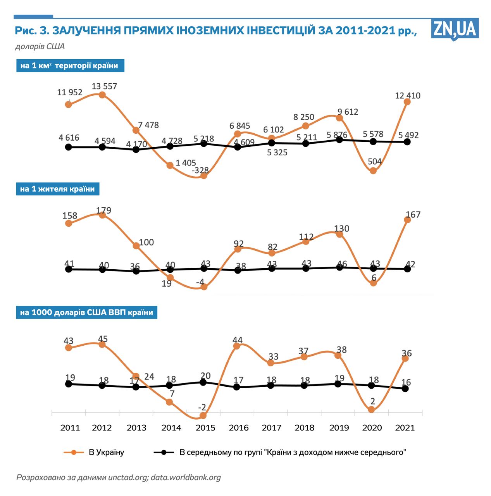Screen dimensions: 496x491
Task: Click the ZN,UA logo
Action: (455, 29)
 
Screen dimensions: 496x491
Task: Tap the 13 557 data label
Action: (104, 86)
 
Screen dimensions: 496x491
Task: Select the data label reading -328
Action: (200, 170)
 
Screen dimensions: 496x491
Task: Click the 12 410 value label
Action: (408, 95)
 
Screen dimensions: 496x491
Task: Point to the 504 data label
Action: (375, 162)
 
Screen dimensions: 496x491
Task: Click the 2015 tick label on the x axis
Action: (205, 428)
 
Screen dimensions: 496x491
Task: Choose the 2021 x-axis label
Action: (405, 428)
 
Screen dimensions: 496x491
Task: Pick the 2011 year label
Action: (70, 428)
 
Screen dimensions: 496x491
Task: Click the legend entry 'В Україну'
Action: (106, 452)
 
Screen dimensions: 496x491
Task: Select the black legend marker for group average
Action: (164, 452)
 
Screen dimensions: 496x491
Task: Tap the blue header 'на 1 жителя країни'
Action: (57, 189)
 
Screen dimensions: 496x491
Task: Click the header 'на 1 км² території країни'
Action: (69, 65)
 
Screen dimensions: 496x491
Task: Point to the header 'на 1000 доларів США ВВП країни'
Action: (86, 312)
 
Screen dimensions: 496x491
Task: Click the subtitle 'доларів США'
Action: (40, 46)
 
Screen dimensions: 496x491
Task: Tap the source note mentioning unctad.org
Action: (118, 477)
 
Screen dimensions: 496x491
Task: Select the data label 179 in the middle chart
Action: (103, 210)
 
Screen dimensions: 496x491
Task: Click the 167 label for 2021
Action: (413, 215)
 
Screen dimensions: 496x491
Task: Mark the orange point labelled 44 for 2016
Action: (236, 346)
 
